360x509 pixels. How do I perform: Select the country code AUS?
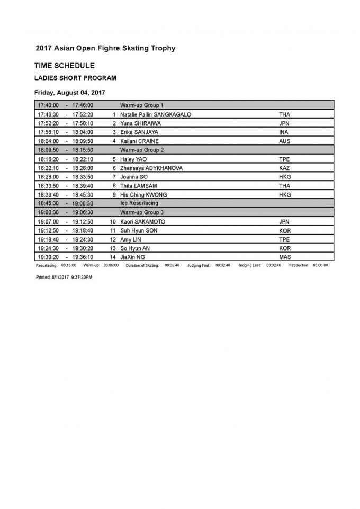285,141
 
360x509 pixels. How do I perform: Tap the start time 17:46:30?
48,114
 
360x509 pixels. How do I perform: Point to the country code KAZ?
285,168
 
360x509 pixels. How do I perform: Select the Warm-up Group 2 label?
142,150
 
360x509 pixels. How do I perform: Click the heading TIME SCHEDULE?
65,66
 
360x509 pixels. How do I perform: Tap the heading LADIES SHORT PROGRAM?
75,78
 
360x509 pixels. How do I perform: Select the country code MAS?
285,257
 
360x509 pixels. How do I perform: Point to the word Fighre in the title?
98,48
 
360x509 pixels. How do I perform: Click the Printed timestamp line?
64,277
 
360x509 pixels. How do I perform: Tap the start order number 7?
114,176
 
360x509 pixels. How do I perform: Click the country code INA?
284,132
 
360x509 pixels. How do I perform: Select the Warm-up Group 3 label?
142,212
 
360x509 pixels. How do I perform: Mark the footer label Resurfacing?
47,265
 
